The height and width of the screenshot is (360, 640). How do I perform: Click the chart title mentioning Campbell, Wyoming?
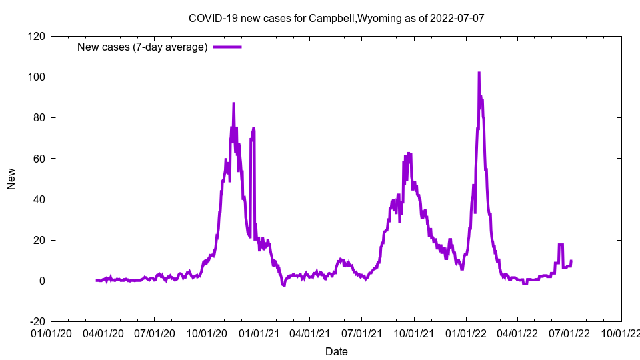336,18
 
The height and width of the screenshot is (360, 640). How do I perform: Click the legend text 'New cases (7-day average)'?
143,47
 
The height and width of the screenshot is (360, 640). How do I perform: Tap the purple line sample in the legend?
227,47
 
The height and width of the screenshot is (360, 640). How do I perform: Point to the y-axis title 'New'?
11,179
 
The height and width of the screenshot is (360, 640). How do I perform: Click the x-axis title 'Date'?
336,351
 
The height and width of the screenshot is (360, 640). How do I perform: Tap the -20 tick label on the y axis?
36,321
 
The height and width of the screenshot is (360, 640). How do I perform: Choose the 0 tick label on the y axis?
41,281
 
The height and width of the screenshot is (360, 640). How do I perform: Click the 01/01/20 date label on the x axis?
51,331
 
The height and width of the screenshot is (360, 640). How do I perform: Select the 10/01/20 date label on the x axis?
207,331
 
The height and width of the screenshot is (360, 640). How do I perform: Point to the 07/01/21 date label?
362,331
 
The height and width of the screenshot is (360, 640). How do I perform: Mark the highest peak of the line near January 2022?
479,73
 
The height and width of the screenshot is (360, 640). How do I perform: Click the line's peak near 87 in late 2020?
233,104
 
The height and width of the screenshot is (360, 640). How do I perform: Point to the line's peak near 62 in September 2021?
409,154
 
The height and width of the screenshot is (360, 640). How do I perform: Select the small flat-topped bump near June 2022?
561,245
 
